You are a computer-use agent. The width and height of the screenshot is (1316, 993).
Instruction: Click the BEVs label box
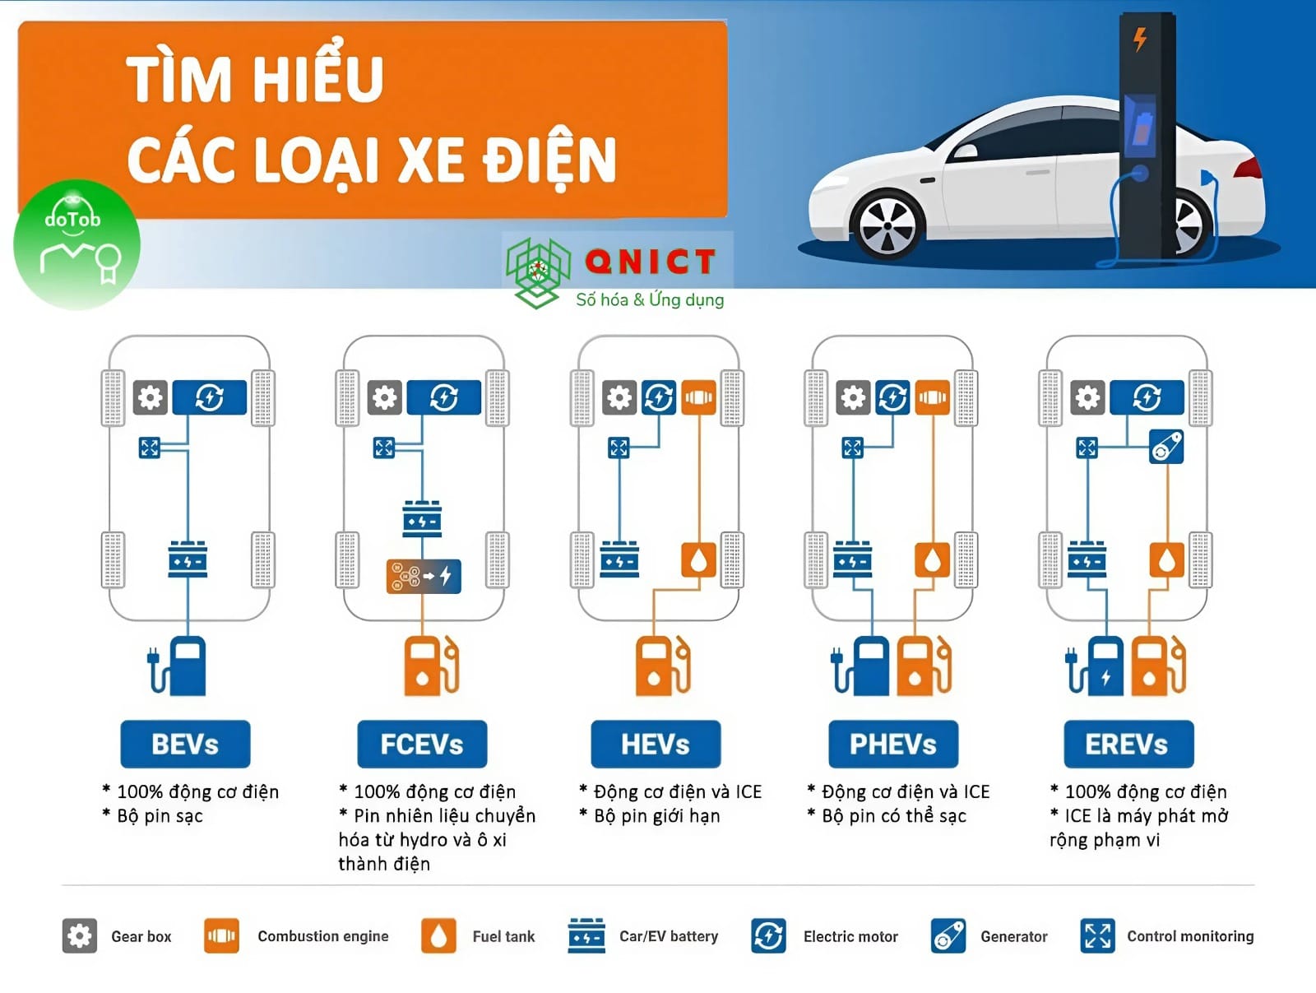click(185, 744)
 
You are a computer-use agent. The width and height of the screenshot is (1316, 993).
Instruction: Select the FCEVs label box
click(422, 744)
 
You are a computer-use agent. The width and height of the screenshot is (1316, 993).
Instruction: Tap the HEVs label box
click(656, 744)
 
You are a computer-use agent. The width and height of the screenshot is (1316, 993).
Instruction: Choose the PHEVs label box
click(893, 744)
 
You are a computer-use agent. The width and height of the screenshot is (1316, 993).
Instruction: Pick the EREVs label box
click(1129, 744)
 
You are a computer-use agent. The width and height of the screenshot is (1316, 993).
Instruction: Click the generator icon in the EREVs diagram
click(1166, 447)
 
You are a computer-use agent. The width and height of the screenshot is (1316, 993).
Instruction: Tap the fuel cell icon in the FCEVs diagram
click(424, 576)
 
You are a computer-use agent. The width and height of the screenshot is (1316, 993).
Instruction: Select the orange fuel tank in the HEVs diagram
click(698, 560)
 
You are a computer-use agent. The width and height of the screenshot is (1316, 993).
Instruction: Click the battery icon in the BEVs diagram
click(188, 559)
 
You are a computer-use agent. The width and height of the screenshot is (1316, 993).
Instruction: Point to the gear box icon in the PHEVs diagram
click(853, 397)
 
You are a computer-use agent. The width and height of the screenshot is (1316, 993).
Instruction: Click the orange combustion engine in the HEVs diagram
click(698, 397)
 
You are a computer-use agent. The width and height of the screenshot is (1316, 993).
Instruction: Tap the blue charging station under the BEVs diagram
click(178, 666)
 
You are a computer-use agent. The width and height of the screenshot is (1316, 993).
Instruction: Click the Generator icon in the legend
click(948, 936)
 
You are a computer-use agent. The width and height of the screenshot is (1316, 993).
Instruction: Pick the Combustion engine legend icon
click(221, 936)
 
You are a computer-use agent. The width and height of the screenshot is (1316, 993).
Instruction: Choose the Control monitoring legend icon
click(1098, 936)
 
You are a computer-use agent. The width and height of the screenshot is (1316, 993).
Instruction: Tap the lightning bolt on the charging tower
click(1140, 39)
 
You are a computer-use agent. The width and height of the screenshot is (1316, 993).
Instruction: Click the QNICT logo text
click(650, 262)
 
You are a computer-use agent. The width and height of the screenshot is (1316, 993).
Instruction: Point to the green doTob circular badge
click(76, 244)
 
